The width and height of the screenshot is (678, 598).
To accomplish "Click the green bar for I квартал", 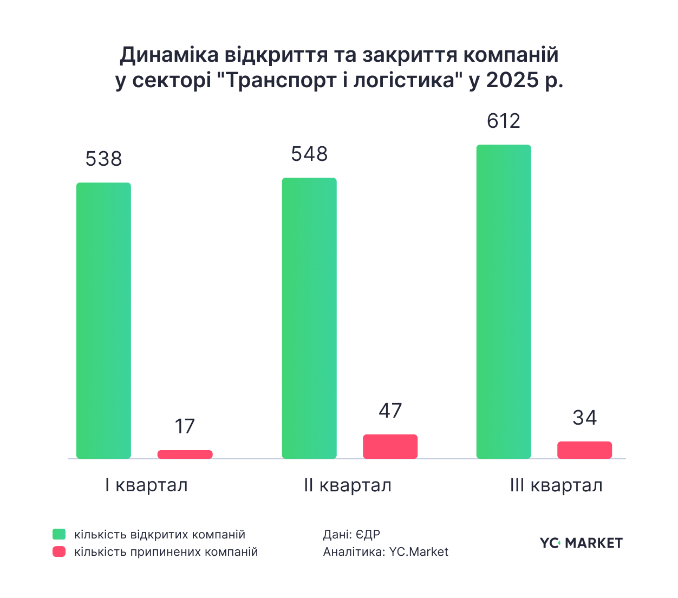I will coord(103,321).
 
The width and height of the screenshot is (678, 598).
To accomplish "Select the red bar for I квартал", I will coord(185,454).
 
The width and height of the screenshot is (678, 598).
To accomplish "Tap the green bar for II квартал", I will coord(309,318).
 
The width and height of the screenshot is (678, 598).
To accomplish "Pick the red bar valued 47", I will coord(390,446).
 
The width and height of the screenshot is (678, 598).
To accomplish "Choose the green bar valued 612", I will coord(504,302).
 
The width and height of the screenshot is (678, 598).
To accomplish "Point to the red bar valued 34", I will coord(585,450).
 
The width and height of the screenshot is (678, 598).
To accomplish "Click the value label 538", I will coord(103,159).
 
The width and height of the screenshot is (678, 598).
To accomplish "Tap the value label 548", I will coord(309,154).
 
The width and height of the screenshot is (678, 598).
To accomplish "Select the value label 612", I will coord(504,121).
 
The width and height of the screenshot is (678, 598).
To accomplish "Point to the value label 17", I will coord(185,426).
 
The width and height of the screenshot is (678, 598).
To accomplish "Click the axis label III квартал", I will coord(556,485).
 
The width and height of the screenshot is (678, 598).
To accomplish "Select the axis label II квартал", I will coord(348,485).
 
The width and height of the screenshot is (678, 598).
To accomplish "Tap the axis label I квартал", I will coord(147,485).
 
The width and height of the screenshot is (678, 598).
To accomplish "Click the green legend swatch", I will coord(59,535).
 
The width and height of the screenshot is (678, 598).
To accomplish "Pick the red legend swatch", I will coord(59,552).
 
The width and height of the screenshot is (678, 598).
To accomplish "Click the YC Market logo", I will coord(581,543).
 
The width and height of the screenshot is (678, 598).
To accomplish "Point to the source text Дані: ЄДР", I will coord(351,535).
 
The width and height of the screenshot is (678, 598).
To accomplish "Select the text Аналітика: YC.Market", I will coord(386,552).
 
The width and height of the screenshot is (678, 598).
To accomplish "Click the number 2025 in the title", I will coord(510,80).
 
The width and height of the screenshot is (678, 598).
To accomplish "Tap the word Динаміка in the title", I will coord(169,55).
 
